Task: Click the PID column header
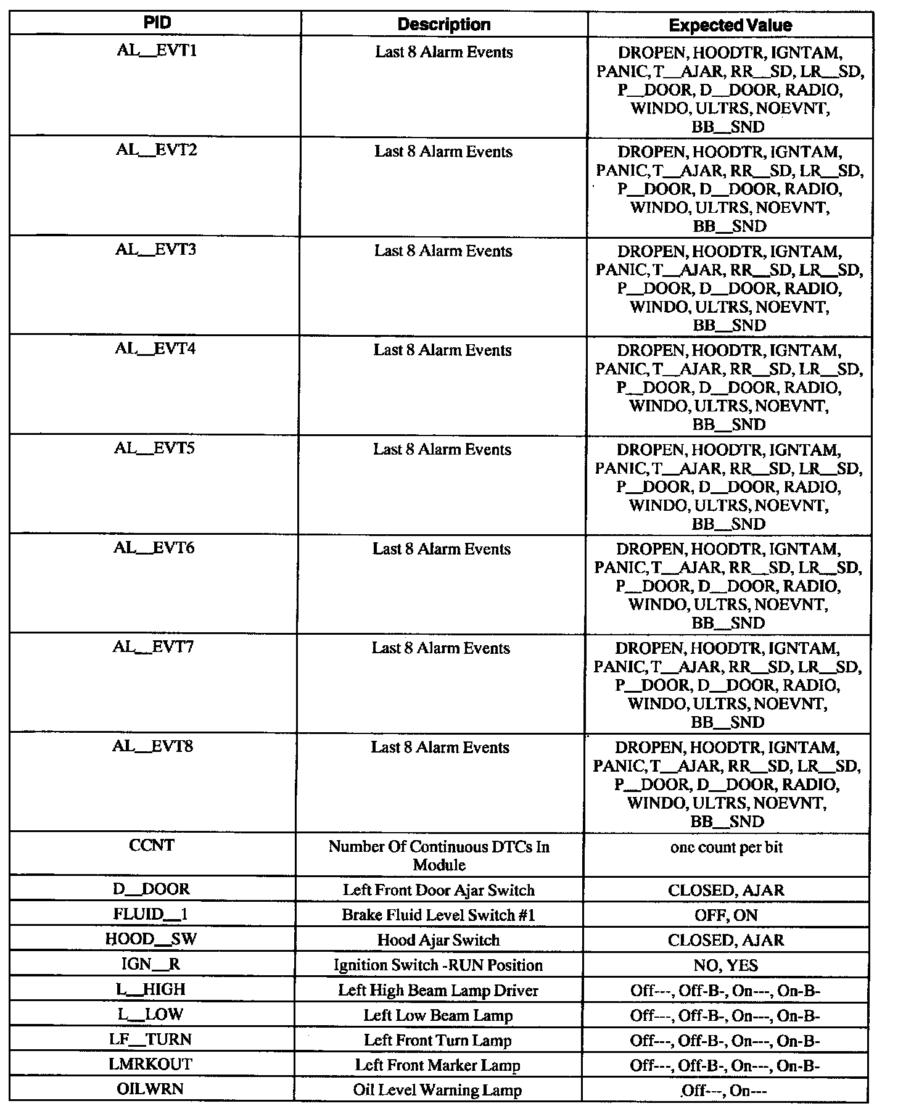pos(157,23)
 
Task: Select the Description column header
pos(444,25)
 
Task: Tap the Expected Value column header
pos(730,25)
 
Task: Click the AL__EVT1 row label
pos(157,51)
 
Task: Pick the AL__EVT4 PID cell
pos(155,349)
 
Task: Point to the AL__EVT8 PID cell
pos(153,746)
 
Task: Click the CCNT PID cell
pos(152,845)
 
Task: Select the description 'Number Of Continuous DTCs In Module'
pos(439,855)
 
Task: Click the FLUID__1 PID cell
pos(152,914)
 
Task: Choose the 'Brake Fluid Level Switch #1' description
pos(439,915)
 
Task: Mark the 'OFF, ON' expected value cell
pos(726,915)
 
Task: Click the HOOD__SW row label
pos(151,939)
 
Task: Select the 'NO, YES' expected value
pos(726,965)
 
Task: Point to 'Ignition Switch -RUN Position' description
pos(439,965)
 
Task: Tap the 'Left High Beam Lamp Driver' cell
pos(439,990)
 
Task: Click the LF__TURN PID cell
pos(151,1039)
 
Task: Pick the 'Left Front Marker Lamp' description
pos(438,1065)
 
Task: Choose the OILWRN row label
pos(150,1089)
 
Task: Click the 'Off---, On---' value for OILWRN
pos(724,1091)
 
